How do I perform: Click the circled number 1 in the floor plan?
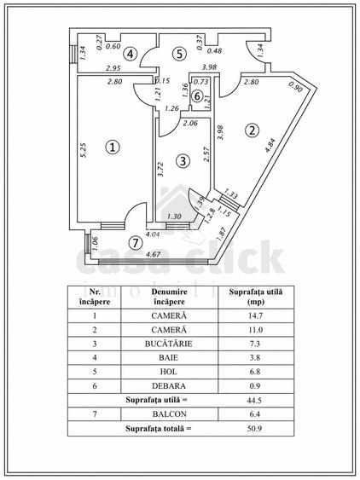click(113, 147)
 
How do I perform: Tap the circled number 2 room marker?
click(252, 130)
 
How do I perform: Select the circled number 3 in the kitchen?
click(183, 161)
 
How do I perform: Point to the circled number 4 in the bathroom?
click(131, 55)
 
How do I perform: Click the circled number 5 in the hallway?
click(179, 54)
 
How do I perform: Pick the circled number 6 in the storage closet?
click(197, 96)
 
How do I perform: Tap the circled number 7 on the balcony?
click(136, 243)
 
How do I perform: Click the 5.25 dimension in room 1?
click(84, 150)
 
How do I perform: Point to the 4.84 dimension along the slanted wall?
click(270, 145)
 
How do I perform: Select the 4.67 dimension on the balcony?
click(154, 254)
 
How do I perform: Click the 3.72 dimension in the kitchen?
click(160, 169)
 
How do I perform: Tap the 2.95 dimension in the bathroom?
click(113, 68)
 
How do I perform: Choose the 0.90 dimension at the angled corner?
click(296, 88)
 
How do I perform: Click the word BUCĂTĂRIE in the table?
click(169, 344)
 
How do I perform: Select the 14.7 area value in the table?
click(255, 315)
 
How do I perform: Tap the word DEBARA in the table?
click(169, 385)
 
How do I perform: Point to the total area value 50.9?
click(254, 428)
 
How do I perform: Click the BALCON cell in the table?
click(170, 414)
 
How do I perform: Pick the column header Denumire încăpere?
click(169, 297)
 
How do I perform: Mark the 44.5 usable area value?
click(254, 400)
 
